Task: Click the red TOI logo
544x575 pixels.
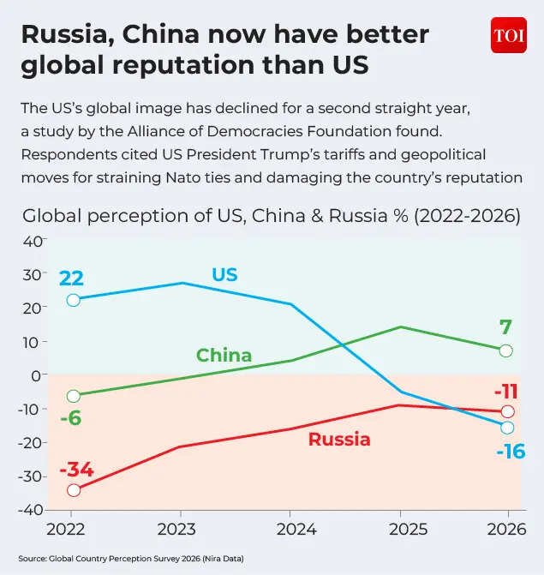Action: tap(509, 35)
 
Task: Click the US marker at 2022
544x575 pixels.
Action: tap(74, 300)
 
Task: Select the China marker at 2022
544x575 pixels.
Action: tap(74, 396)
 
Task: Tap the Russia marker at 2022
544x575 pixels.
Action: tap(74, 490)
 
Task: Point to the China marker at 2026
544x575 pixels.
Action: tap(505, 351)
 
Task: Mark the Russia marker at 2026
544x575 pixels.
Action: tap(508, 411)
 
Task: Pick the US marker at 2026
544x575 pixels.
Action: tap(507, 428)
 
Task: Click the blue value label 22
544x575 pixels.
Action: tap(71, 279)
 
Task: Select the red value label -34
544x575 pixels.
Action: tap(76, 470)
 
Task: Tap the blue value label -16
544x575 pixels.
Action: tap(511, 452)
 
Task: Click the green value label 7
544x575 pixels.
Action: tap(505, 327)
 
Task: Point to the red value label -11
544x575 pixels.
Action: tap(506, 392)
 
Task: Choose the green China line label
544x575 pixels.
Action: tap(224, 356)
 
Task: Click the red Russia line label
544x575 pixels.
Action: tap(339, 440)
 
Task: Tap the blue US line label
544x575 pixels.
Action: tap(224, 275)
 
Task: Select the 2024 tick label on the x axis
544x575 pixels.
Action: tap(296, 530)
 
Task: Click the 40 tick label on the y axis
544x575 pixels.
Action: tap(33, 242)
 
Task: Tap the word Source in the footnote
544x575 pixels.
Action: tap(32, 559)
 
